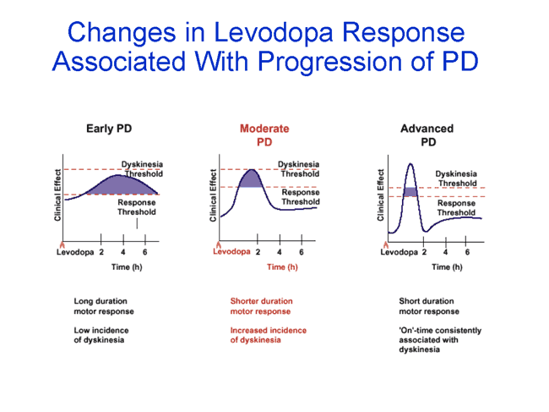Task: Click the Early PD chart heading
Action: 109,129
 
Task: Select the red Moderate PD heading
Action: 264,135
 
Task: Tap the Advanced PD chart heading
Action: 427,135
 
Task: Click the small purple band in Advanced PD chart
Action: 410,192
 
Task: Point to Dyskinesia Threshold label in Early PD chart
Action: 142,169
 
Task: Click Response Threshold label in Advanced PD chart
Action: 456,208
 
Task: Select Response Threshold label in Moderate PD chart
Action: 300,197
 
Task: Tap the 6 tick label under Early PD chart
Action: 144,252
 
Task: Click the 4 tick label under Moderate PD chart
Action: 280,252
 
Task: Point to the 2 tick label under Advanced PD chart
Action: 424,252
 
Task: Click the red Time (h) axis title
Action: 282,267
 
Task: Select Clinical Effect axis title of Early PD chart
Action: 58,195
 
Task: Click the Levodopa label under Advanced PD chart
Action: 400,252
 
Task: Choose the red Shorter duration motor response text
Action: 261,306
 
